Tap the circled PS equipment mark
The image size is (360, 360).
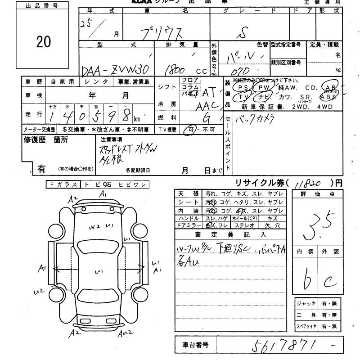(243, 87)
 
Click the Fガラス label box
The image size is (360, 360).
(63, 184)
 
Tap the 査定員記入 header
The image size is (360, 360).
(231, 234)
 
